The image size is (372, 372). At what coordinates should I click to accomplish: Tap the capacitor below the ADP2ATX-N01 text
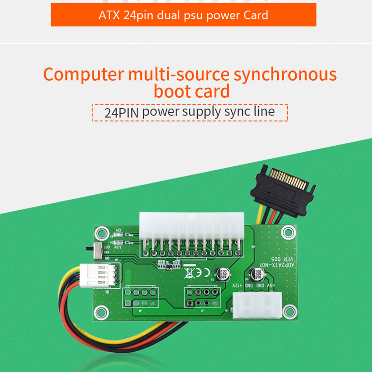pyautogui.click(x=257, y=274)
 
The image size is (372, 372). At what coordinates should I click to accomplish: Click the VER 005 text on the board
pyautogui.click(x=285, y=258)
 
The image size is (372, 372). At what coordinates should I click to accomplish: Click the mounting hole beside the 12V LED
pyautogui.click(x=102, y=231)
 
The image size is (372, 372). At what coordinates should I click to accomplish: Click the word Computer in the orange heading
pyautogui.click(x=83, y=74)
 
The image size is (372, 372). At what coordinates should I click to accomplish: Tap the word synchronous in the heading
pyautogui.click(x=285, y=74)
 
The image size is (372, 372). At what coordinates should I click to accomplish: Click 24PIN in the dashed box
pyautogui.click(x=122, y=112)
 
